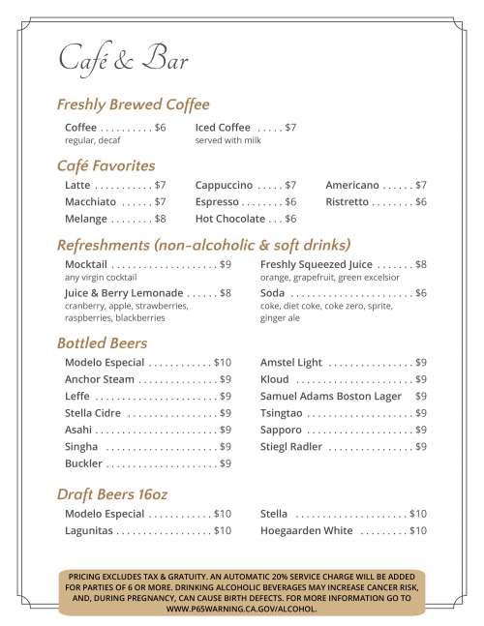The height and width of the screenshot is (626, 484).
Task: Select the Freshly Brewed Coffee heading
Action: (x=134, y=104)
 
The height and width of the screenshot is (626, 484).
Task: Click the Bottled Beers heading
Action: (x=103, y=343)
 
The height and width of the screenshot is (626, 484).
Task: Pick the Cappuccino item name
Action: (x=224, y=185)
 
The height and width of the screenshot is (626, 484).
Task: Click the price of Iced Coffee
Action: (x=290, y=128)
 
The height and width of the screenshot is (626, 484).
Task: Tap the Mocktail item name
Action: (x=86, y=264)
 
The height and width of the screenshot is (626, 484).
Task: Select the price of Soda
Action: (x=421, y=293)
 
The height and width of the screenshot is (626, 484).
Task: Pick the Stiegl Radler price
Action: (x=421, y=447)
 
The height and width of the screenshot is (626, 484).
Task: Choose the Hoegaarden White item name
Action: (x=307, y=531)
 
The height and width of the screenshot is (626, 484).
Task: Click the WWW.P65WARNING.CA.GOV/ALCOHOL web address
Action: (x=242, y=610)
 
